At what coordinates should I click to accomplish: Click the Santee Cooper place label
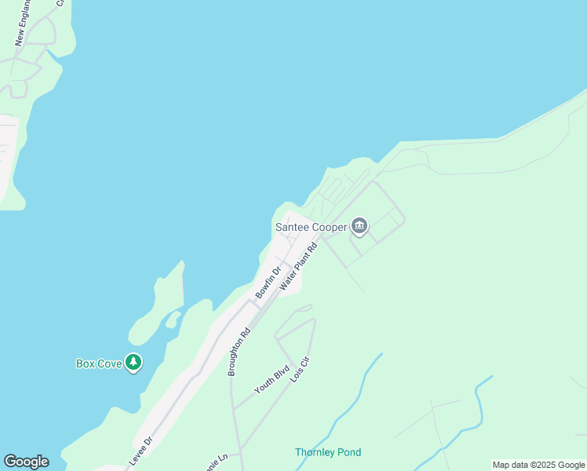pos(311,228)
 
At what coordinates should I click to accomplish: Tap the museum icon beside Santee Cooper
pos(359,227)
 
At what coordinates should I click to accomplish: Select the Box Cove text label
pos(99,363)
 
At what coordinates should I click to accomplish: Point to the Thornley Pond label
pos(328,452)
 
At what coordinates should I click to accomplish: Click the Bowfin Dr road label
pos(268,283)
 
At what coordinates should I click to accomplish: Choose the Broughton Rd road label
pos(238,352)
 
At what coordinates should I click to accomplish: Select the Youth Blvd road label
pos(272,378)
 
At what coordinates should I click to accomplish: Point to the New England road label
pos(23,22)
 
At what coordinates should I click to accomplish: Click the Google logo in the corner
pos(26,462)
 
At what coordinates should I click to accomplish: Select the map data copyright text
pos(538,465)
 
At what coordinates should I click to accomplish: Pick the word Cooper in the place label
pos(329,228)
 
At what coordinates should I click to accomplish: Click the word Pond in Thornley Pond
pos(348,452)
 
